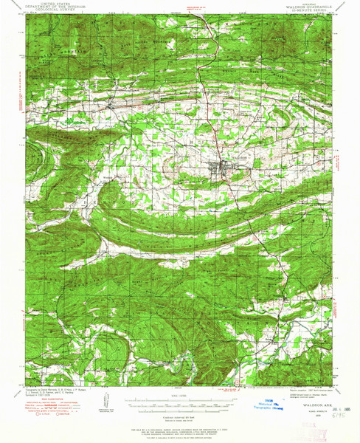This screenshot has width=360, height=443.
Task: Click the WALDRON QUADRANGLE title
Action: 305,8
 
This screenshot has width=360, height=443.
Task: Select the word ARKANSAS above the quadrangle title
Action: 305,4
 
